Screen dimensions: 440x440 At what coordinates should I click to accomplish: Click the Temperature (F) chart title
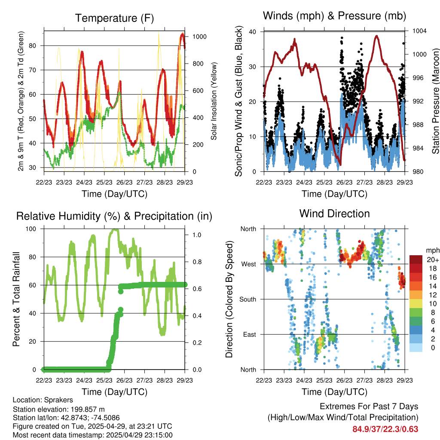pyautogui.click(x=114, y=18)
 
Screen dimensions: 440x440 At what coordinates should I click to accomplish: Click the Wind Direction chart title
pyautogui.click(x=334, y=214)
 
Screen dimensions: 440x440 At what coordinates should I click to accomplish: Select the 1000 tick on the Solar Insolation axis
pyautogui.click(x=199, y=37)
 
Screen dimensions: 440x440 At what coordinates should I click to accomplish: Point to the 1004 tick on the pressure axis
pyautogui.click(x=419, y=31)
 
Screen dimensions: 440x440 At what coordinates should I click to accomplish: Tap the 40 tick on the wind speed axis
pyautogui.click(x=253, y=32)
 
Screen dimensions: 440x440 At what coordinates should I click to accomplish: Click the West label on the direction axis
pyautogui.click(x=249, y=264)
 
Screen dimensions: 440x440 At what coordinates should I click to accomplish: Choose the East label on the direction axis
pyautogui.click(x=250, y=334)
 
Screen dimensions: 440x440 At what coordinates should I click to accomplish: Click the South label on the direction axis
pyautogui.click(x=248, y=299)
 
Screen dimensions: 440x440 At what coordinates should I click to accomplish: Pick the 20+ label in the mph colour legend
pyautogui.click(x=433, y=260)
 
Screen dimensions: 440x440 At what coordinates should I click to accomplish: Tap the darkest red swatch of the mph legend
pyautogui.click(x=416, y=260)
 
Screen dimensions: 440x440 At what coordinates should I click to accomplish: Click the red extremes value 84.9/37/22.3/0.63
pyautogui.click(x=385, y=429)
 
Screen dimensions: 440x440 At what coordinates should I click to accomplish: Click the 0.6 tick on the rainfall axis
pyautogui.click(x=197, y=289)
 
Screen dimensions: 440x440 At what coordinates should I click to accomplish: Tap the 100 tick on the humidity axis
pyautogui.click(x=31, y=229)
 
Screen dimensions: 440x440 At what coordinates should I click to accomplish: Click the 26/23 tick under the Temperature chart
pyautogui.click(x=124, y=182)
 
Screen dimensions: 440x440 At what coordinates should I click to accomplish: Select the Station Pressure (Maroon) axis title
pyautogui.click(x=436, y=101)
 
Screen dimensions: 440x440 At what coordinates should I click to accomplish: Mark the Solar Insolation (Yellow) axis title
pyautogui.click(x=214, y=101)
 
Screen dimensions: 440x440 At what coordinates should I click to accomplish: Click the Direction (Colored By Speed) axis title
pyautogui.click(x=229, y=299)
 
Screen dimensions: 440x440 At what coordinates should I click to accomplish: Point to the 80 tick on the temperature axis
pyautogui.click(x=33, y=46)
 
